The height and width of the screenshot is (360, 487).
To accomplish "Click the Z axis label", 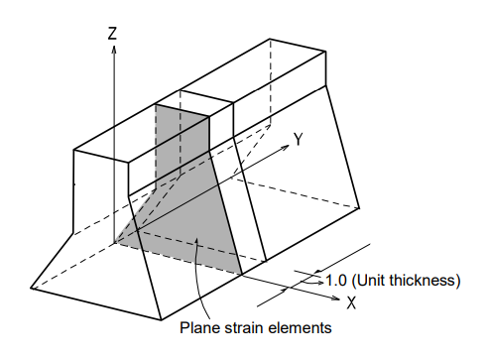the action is [x=113, y=34].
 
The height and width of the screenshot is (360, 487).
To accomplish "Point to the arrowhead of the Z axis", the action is [x=114, y=50].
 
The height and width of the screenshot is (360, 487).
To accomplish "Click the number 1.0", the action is [x=335, y=280].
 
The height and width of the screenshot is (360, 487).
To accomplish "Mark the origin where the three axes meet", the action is [x=115, y=242].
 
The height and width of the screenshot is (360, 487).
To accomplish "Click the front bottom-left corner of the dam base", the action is [x=31, y=288].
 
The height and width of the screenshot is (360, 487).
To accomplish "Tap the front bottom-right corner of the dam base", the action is [x=163, y=319].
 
